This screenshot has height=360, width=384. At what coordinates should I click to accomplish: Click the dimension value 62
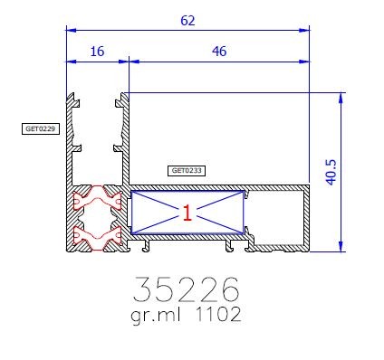187,20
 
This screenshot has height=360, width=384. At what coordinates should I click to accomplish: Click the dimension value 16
97,53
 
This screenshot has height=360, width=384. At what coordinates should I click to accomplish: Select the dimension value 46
218,53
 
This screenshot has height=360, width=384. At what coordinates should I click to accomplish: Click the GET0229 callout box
40,129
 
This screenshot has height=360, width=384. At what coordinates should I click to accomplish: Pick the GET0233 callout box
187,170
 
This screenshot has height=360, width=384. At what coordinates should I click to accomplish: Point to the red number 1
187,213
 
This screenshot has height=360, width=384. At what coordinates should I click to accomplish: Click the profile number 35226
187,289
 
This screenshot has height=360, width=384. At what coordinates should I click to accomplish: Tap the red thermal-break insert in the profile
98,220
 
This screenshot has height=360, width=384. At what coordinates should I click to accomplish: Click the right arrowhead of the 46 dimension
305,63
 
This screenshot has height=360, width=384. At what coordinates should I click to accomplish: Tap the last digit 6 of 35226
229,289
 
